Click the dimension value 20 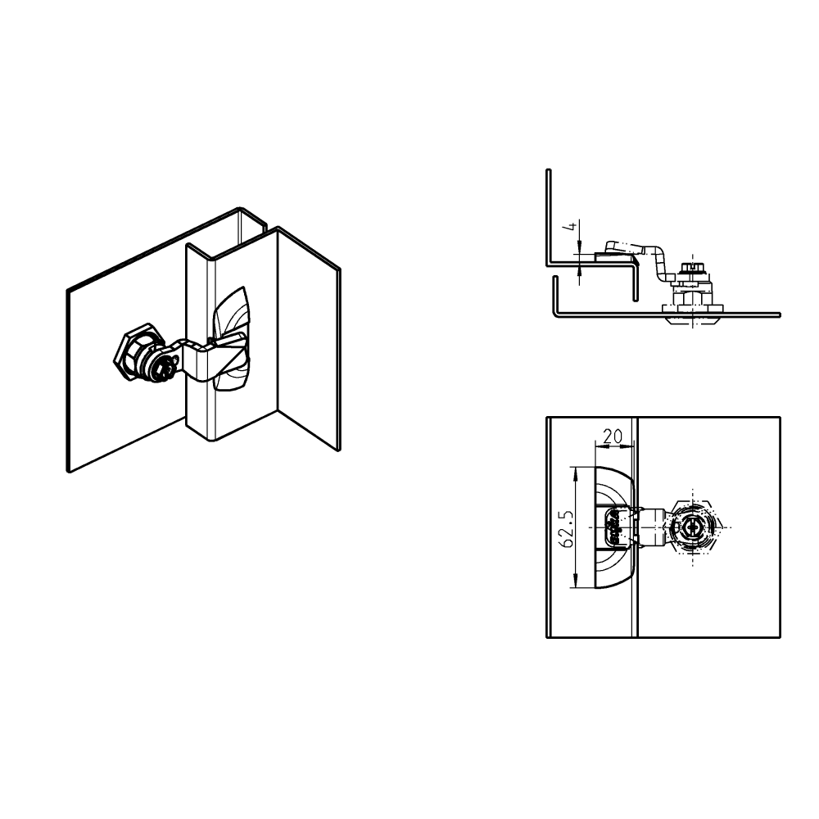(612, 437)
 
